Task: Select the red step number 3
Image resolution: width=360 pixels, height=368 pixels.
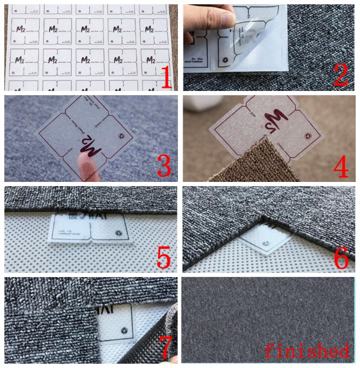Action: tap(165, 167)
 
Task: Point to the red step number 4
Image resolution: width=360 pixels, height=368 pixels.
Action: tap(341, 167)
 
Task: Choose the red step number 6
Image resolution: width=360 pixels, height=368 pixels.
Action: tap(341, 259)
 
